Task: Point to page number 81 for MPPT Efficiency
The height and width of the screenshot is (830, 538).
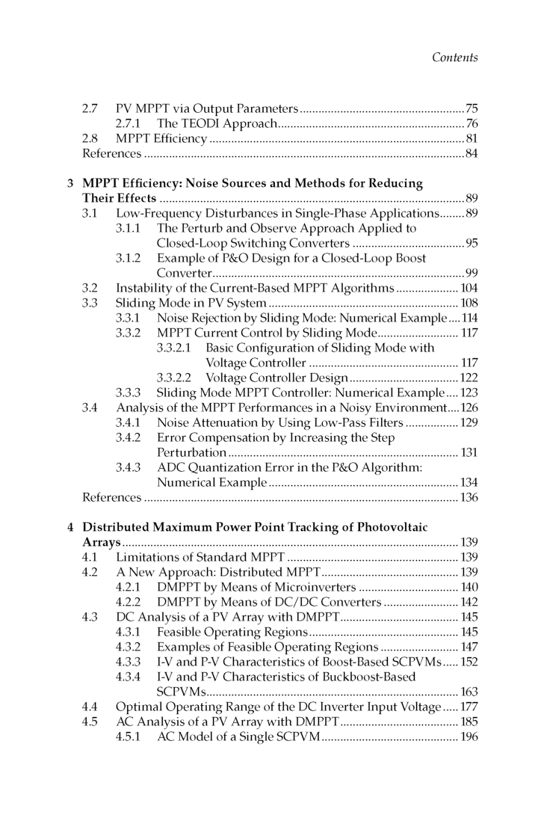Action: (471, 139)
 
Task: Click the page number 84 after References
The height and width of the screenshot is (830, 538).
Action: (471, 154)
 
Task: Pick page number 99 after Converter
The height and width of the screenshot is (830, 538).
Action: (471, 272)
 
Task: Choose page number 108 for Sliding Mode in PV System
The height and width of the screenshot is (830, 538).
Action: (468, 303)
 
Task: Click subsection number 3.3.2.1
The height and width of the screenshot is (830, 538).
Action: (176, 348)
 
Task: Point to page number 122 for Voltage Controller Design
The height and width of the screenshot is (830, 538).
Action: (468, 378)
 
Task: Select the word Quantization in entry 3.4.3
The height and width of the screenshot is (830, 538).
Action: (221, 467)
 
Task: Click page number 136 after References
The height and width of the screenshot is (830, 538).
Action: (468, 497)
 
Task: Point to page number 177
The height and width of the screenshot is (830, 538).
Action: (468, 707)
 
